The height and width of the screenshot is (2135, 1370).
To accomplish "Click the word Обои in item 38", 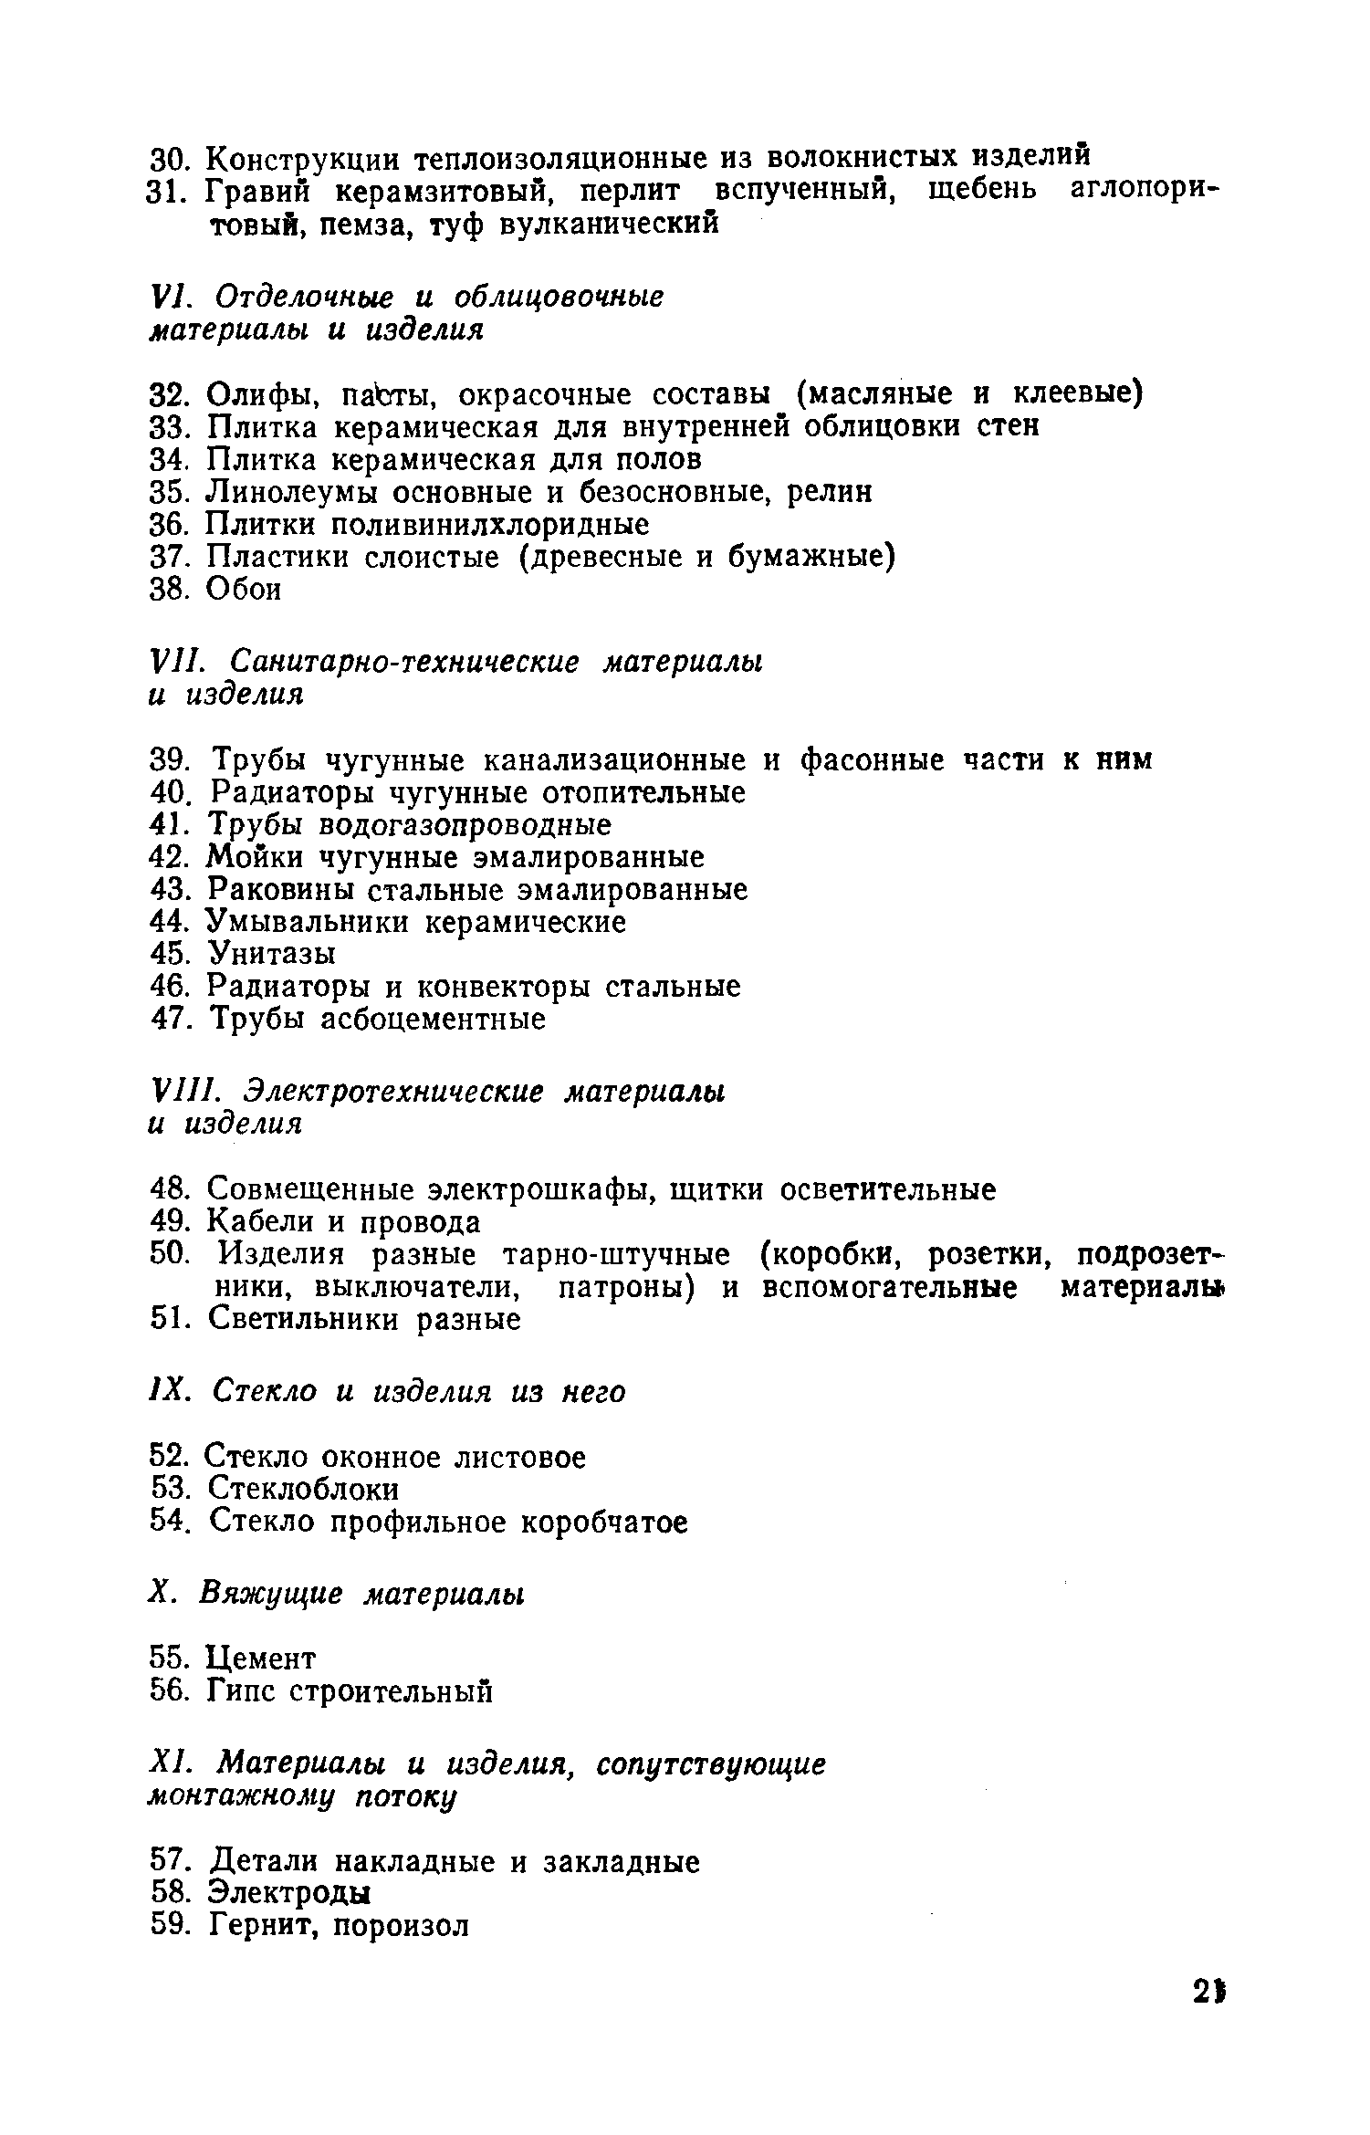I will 244,590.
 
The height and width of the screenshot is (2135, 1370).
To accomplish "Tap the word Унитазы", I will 272,955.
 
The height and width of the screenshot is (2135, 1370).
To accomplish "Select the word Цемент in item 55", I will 261,1657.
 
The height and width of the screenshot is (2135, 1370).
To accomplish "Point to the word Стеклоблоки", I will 303,1490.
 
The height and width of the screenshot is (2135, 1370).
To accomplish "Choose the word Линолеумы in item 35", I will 288,493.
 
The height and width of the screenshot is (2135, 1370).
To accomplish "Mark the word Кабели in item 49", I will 259,1222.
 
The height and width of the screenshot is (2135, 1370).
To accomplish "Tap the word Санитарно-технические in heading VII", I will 404,661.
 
